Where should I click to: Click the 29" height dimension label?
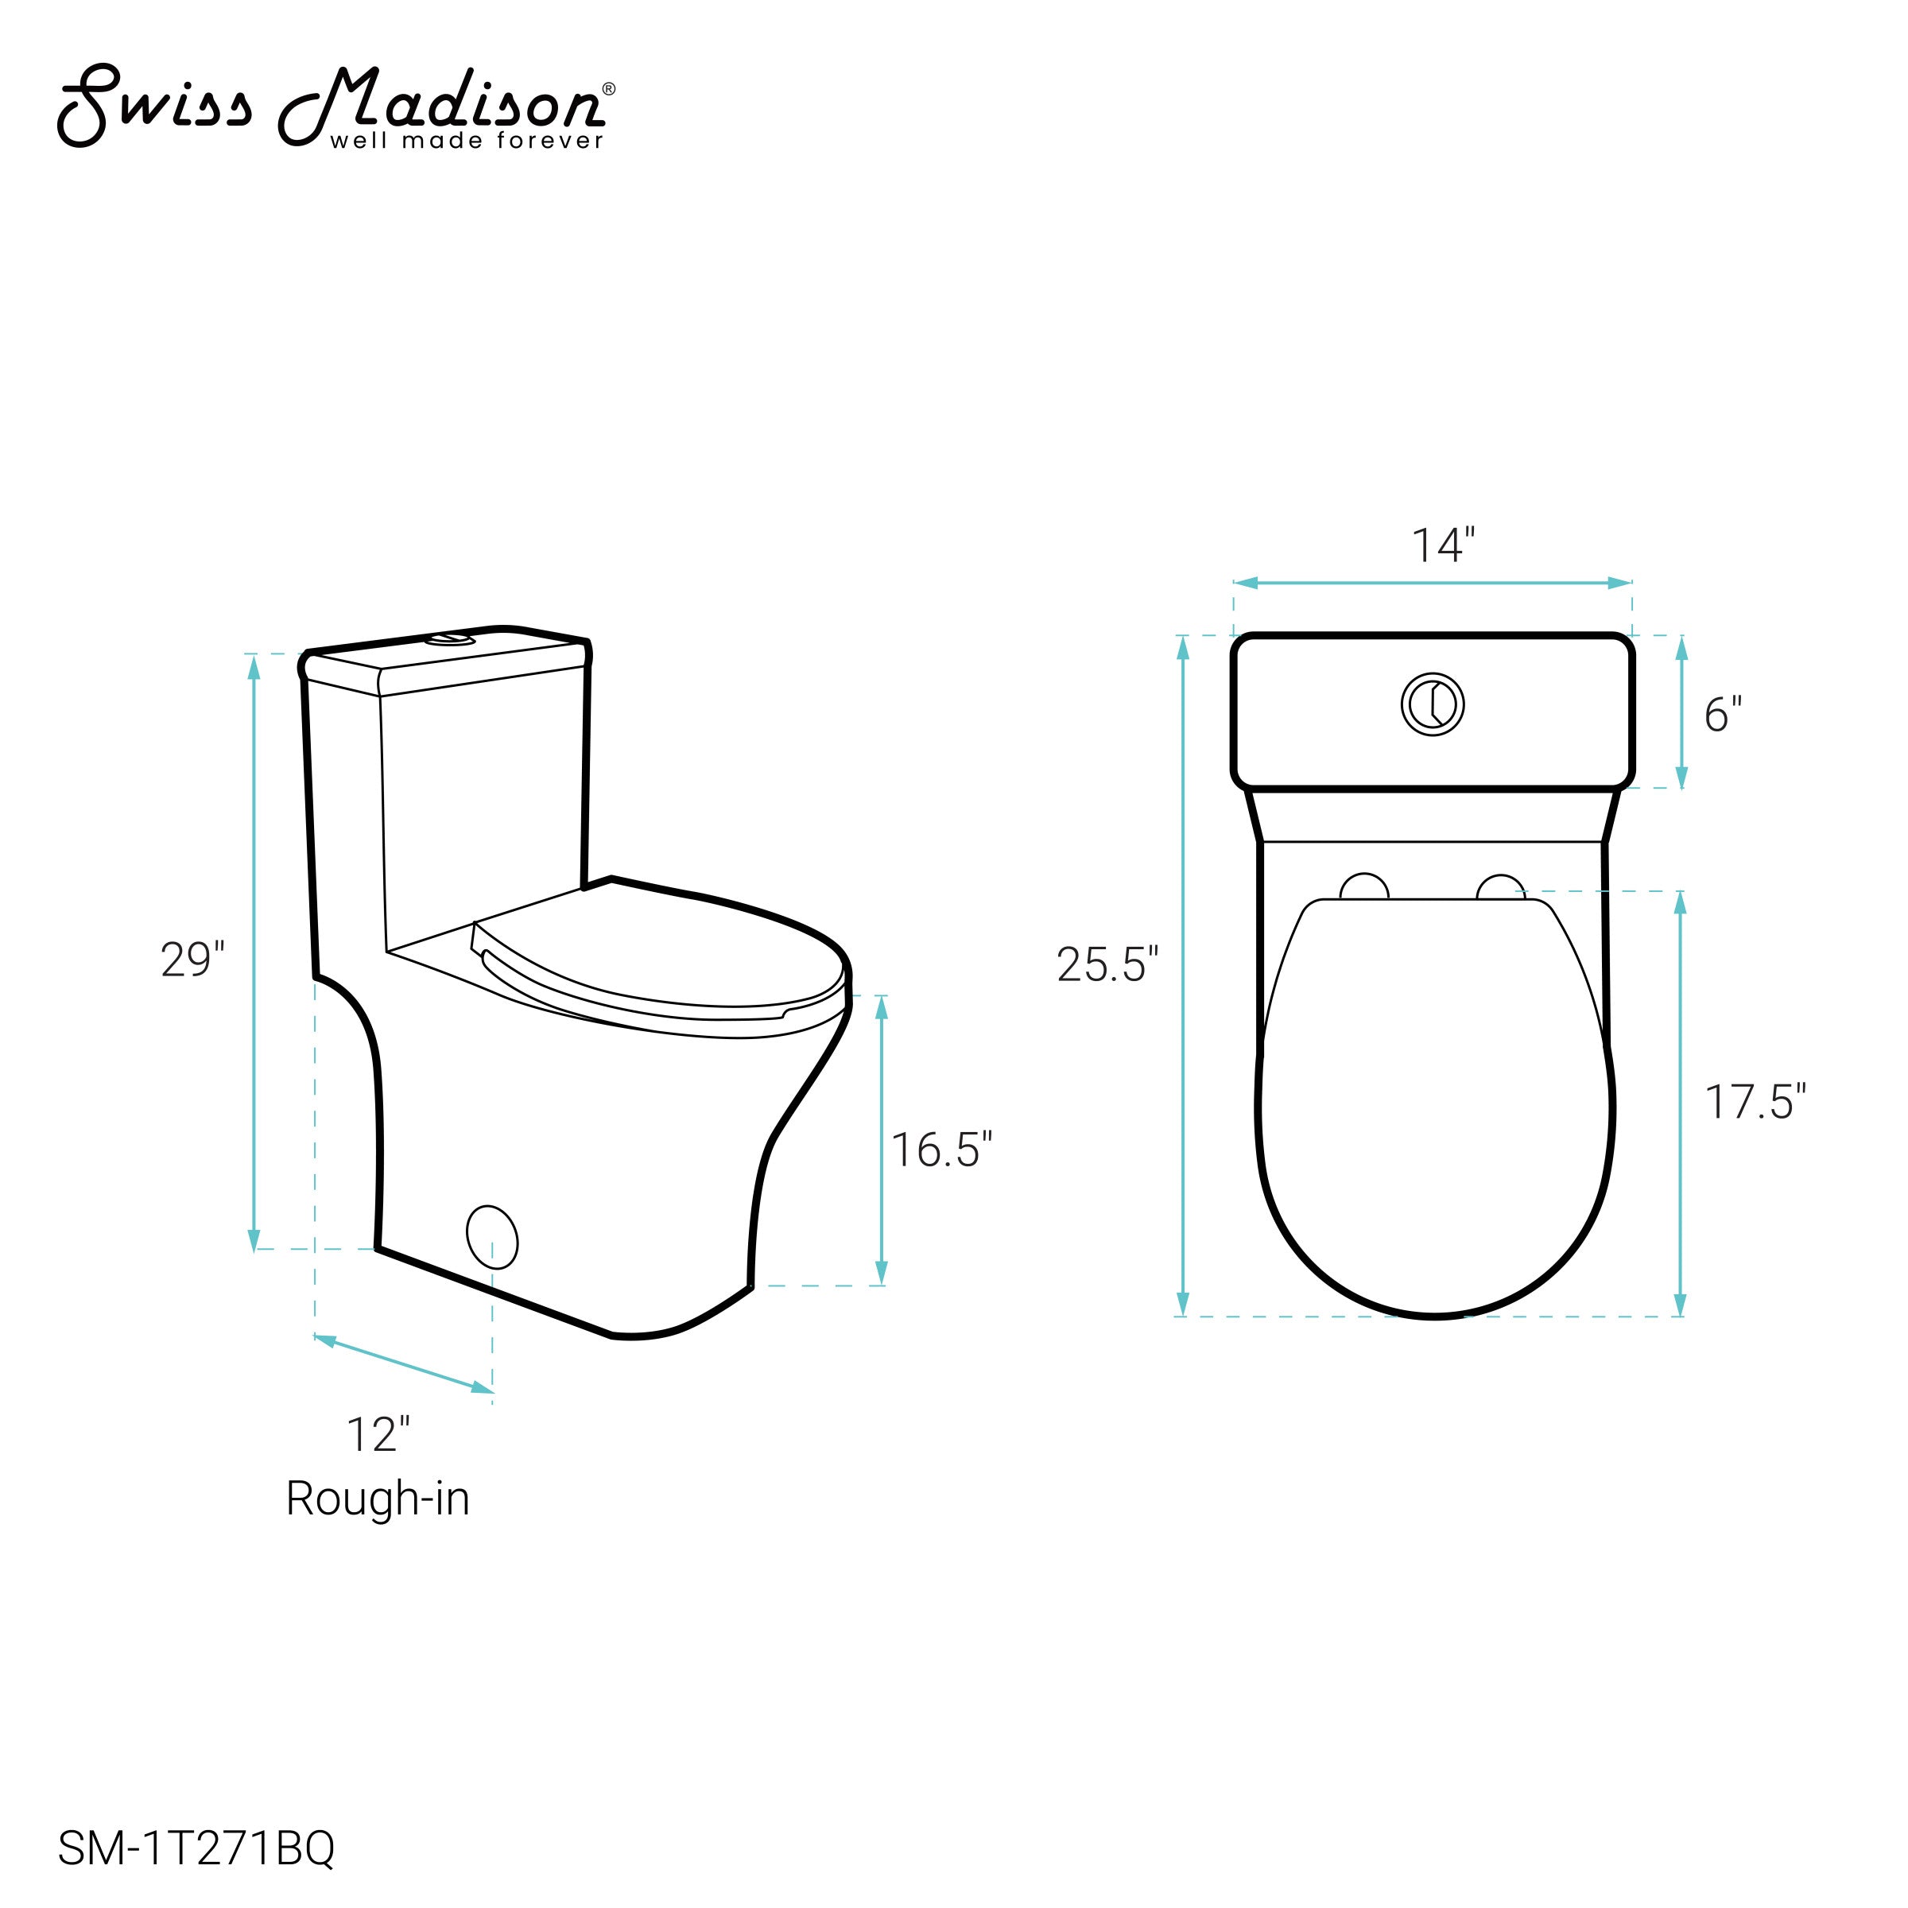[x=192, y=960]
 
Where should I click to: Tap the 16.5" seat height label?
[x=941, y=1150]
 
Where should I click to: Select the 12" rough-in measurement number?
[x=378, y=1435]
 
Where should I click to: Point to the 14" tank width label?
[x=1443, y=545]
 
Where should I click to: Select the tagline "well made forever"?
[x=466, y=142]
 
